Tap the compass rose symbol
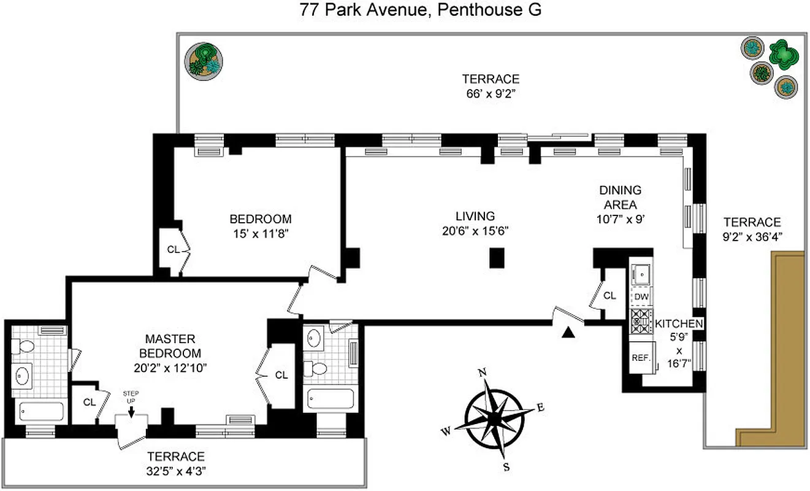click(x=494, y=417)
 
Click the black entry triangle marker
click(x=569, y=333)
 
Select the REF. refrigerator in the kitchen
click(x=641, y=357)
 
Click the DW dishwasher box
click(x=641, y=297)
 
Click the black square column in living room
click(x=497, y=258)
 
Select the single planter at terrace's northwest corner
click(x=204, y=60)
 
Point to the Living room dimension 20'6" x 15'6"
click(x=475, y=231)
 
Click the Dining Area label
click(x=620, y=198)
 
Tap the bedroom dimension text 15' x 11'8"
click(x=260, y=233)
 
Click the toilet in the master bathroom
click(x=24, y=347)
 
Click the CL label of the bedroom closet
click(x=173, y=249)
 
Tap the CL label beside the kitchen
click(x=609, y=296)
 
